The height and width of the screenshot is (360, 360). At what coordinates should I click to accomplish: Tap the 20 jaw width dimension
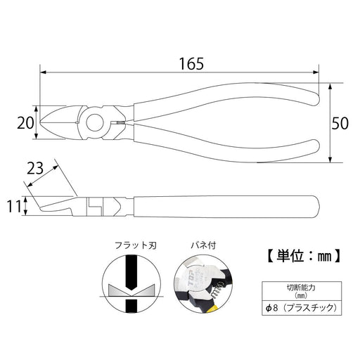click(x=25, y=123)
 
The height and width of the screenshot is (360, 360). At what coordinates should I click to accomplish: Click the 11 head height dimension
click(x=13, y=207)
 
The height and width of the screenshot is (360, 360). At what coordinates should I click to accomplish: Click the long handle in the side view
click(x=225, y=206)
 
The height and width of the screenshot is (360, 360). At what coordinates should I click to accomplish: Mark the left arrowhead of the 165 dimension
click(x=44, y=72)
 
